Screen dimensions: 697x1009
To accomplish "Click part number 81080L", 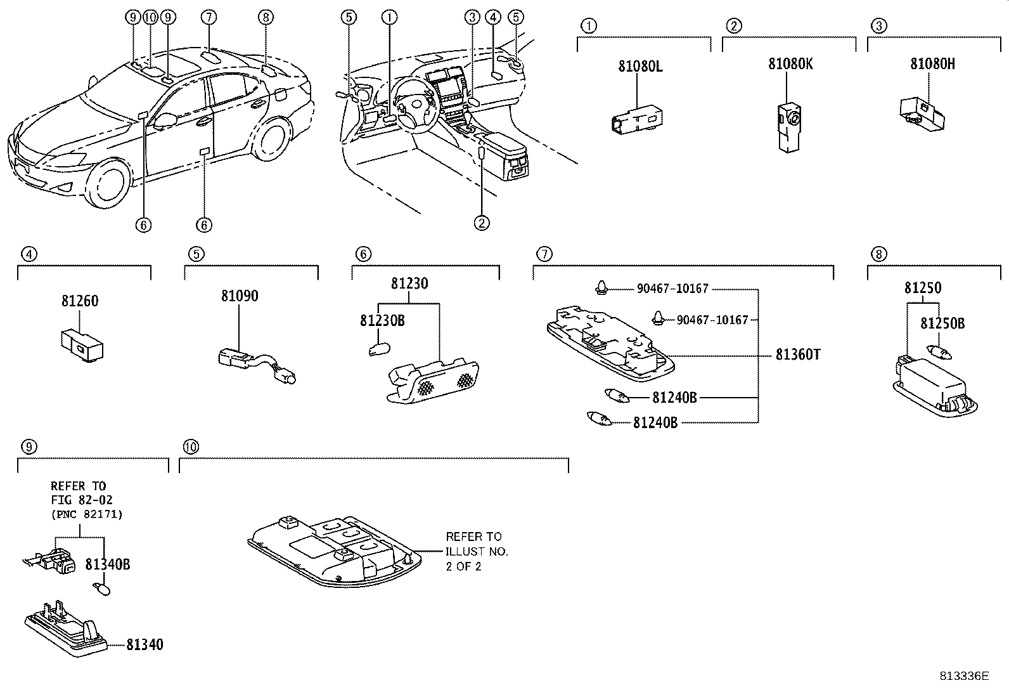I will [x=640, y=66].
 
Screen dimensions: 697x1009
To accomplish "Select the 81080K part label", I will [x=790, y=64].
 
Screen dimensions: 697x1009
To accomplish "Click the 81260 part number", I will [x=80, y=301].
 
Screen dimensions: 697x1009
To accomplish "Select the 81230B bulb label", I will [x=382, y=321].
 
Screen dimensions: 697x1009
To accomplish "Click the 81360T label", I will [x=798, y=355].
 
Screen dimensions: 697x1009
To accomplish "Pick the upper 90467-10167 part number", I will [x=672, y=289].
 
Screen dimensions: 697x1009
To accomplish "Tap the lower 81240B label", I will [x=655, y=422].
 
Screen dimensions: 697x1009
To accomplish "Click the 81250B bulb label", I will [x=942, y=323].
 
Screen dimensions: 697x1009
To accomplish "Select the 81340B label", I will [x=108, y=564].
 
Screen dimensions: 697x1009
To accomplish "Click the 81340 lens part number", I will [x=145, y=645].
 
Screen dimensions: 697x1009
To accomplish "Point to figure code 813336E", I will [x=964, y=676].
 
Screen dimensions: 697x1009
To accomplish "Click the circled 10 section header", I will [x=190, y=447].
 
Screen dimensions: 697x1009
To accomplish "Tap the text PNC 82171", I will [x=86, y=514].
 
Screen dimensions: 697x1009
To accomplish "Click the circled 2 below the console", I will [x=482, y=223].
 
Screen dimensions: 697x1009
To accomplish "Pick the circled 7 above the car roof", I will [x=210, y=17].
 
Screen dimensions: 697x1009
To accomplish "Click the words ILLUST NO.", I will [x=477, y=552].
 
